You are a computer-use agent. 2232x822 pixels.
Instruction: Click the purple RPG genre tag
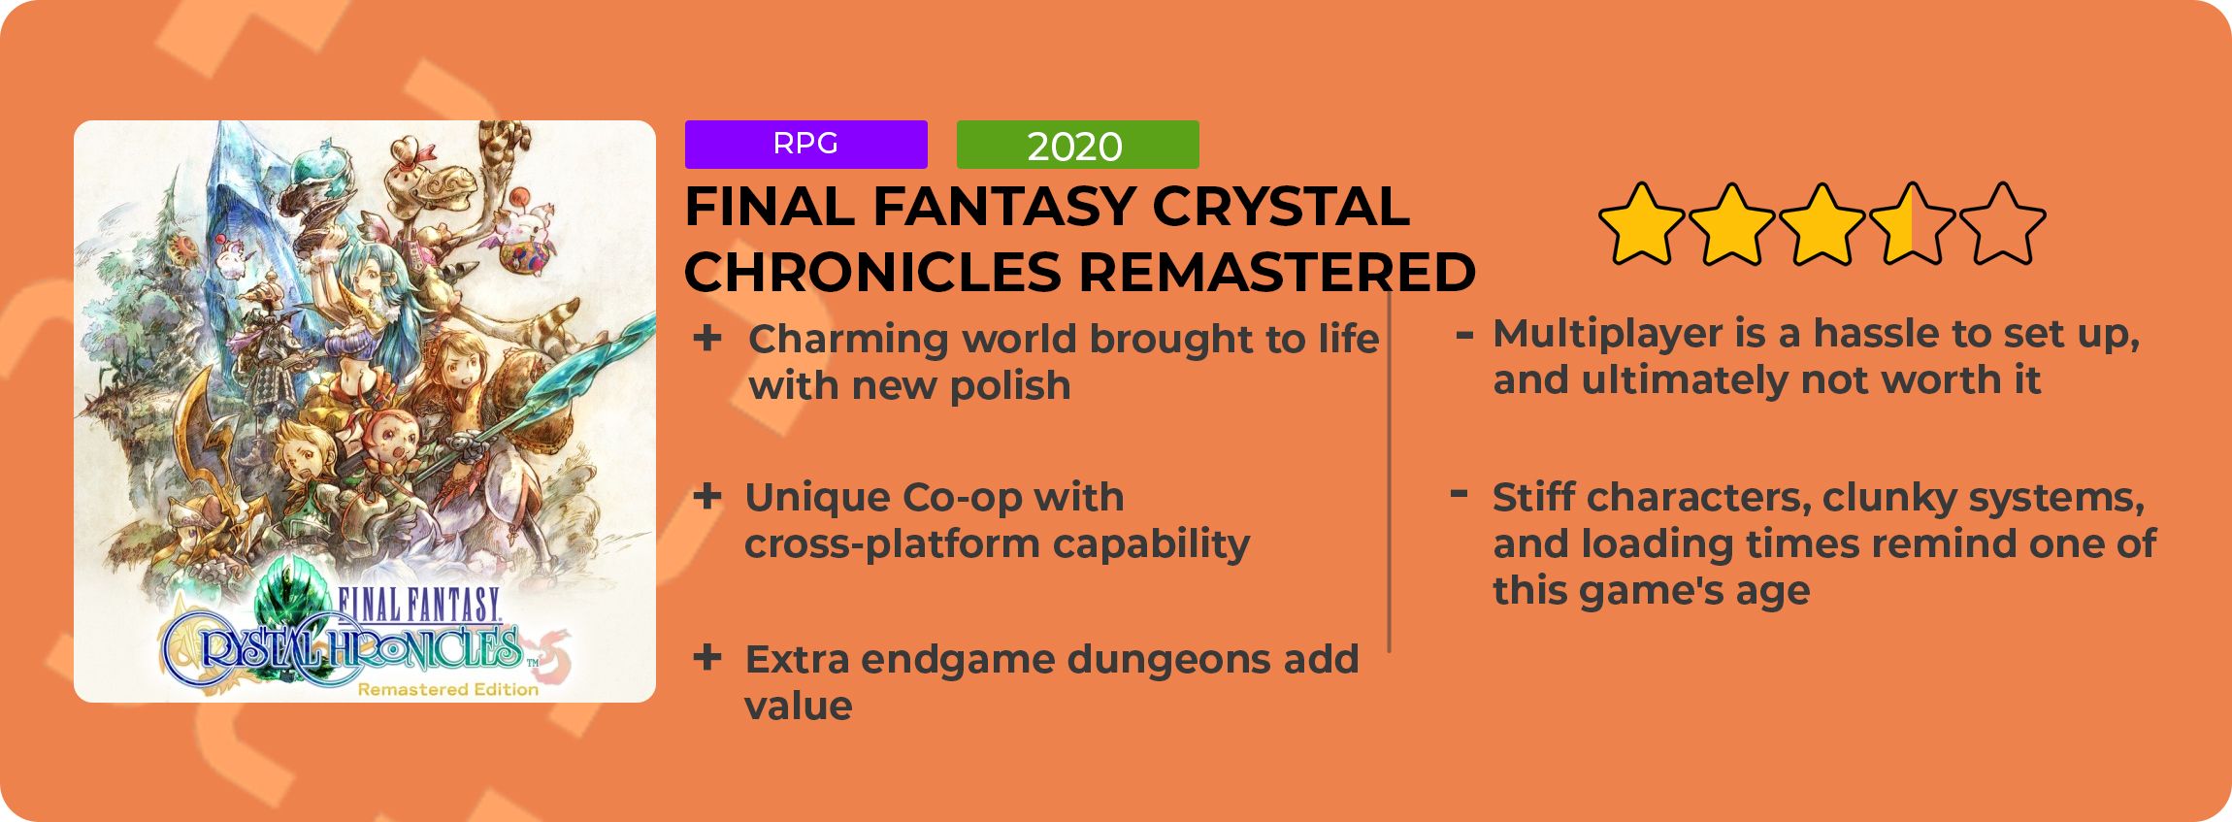click(x=805, y=145)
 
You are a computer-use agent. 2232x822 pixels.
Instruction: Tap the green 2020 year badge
click(x=1077, y=145)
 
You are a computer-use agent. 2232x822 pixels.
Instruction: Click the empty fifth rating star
click(x=2002, y=224)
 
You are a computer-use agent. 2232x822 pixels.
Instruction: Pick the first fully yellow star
click(x=1641, y=224)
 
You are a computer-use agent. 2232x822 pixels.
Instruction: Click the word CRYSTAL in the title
click(x=1281, y=207)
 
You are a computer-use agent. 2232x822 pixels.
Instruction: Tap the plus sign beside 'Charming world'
click(x=707, y=338)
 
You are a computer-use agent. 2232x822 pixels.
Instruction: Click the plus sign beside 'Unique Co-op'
click(x=707, y=497)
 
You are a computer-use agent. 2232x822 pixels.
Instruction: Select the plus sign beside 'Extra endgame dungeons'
click(x=707, y=657)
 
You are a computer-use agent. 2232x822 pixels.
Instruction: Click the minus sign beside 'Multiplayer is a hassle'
click(x=1464, y=336)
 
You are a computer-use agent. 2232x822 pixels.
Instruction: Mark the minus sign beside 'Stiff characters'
click(x=1459, y=493)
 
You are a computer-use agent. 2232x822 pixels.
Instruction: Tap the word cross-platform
click(x=891, y=543)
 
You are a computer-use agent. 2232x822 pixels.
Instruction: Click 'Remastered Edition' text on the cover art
click(x=447, y=690)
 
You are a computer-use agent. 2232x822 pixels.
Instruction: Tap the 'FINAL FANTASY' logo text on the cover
click(x=419, y=606)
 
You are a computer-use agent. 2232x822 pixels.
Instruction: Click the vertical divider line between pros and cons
click(x=1390, y=471)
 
